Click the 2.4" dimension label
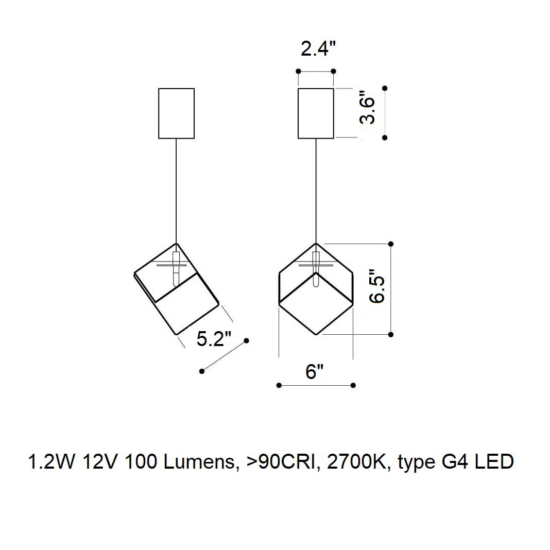[x=318, y=48]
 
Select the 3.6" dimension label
[x=367, y=107]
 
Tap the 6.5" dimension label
[x=377, y=286]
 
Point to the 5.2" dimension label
[x=214, y=339]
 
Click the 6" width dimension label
[x=314, y=371]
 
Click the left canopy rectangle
[x=177, y=89]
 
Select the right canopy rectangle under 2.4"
[x=316, y=89]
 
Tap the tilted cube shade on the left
[x=134, y=273]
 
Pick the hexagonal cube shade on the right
[x=279, y=288]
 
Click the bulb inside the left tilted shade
[x=176, y=269]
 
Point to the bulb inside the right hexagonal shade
[x=316, y=269]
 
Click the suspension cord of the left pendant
[x=176, y=191]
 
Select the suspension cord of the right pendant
[x=316, y=191]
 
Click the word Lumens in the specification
[x=200, y=461]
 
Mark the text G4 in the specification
[x=455, y=461]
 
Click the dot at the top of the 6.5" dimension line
[x=391, y=244]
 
